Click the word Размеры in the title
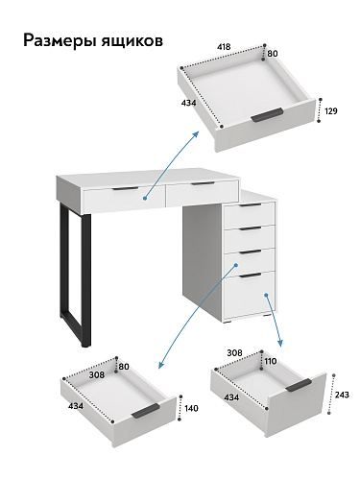[x=60, y=41]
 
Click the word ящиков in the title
[x=132, y=41]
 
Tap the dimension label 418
[x=224, y=47]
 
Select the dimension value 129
[x=331, y=111]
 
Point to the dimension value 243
[x=342, y=395]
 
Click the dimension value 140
[x=191, y=408]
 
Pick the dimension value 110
[x=271, y=361]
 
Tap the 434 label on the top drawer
[x=188, y=103]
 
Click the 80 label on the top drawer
[x=273, y=54]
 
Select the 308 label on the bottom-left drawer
[x=97, y=374]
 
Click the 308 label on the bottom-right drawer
[x=234, y=353]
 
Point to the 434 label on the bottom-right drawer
[x=231, y=397]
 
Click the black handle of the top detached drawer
[x=267, y=115]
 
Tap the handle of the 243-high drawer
[x=299, y=385]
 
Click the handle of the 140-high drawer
[x=146, y=411]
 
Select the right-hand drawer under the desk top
[x=202, y=194]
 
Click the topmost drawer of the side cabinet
[x=249, y=215]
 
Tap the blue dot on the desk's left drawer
[x=145, y=199]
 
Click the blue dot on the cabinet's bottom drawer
[x=266, y=295]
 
